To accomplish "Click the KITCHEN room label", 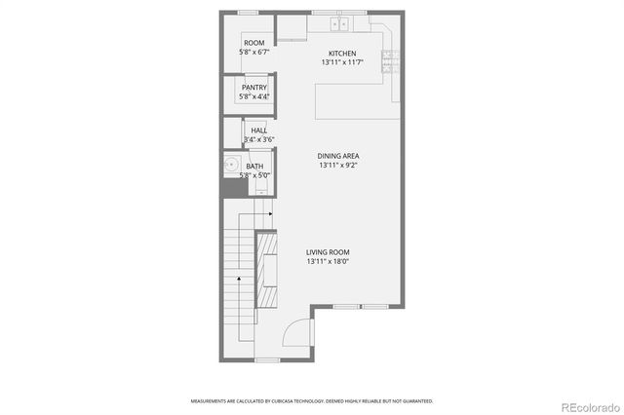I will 341,53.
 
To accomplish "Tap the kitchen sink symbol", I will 340,23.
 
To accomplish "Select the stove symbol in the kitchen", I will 388,62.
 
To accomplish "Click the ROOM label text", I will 254,43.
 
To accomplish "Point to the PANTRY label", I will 254,88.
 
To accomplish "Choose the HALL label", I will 258,131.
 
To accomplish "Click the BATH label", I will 254,167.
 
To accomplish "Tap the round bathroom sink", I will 232,167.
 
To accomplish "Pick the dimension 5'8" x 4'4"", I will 254,96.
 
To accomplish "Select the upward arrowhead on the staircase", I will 239,279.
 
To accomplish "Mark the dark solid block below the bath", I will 231,188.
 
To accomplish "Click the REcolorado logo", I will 588,405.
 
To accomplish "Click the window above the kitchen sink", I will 339,13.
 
